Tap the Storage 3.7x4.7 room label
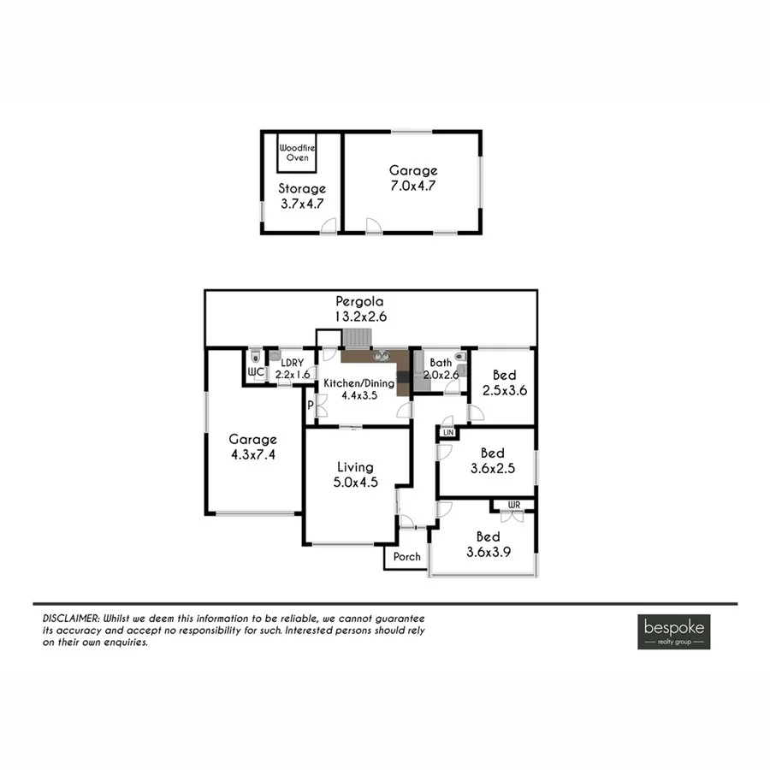(x=302, y=196)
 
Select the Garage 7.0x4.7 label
(x=412, y=177)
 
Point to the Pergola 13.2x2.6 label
(x=359, y=309)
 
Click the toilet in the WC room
(x=256, y=358)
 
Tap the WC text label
(x=255, y=373)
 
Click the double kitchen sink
(x=378, y=353)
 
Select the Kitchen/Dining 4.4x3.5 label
(x=358, y=389)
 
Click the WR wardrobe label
(x=513, y=505)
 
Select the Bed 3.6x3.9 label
(x=488, y=544)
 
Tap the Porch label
(x=406, y=557)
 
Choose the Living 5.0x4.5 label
(x=354, y=474)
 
